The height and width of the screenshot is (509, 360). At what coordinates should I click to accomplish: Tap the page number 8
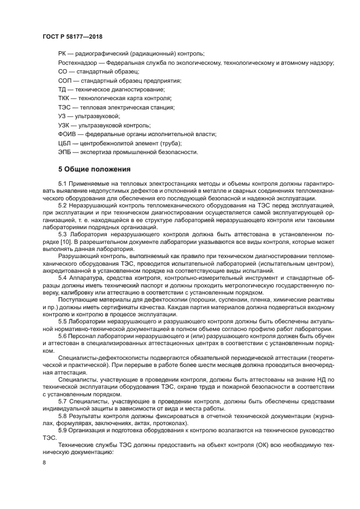[44, 462]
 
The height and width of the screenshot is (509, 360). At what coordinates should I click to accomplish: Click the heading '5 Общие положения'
[94, 169]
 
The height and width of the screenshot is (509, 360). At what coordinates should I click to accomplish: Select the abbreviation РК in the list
[63, 53]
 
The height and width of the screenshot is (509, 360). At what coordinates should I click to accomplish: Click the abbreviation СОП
[65, 81]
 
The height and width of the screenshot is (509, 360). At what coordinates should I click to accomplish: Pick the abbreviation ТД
[63, 89]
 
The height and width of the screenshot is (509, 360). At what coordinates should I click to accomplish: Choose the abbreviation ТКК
[64, 98]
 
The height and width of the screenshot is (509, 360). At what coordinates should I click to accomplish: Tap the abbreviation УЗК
[64, 125]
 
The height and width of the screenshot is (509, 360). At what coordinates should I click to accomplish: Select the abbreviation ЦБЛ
[65, 143]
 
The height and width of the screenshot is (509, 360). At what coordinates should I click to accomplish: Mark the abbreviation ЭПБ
[65, 151]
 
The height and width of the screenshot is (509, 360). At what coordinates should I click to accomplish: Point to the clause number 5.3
[63, 233]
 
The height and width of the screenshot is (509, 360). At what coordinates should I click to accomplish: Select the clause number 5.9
[63, 430]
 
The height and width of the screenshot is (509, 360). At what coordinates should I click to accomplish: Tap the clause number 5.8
[63, 416]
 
